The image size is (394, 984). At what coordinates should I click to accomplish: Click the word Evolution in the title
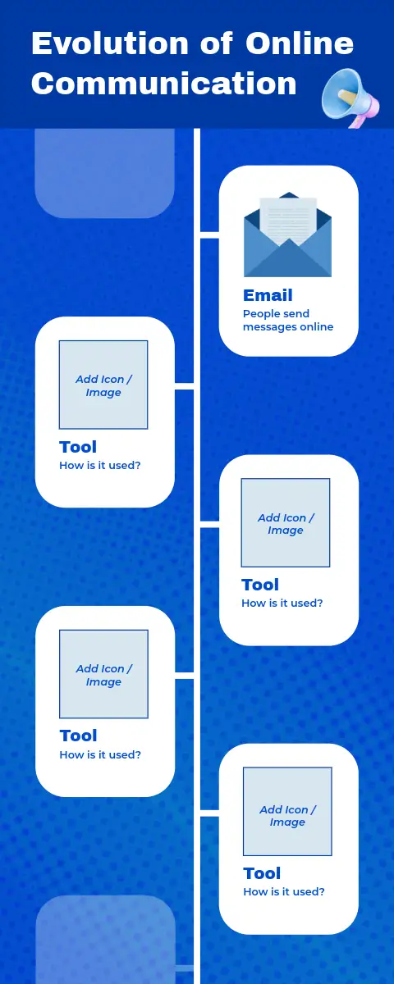[110, 43]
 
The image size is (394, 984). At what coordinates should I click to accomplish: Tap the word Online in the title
[300, 43]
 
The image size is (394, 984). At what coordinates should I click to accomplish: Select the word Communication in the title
[163, 84]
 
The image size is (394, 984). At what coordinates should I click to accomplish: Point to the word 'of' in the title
[217, 43]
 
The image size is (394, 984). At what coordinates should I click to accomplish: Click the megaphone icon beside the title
[350, 98]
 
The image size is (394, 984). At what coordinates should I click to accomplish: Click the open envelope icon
[287, 235]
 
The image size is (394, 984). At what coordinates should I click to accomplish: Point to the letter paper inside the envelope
[288, 221]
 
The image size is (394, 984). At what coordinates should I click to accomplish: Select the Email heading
[268, 295]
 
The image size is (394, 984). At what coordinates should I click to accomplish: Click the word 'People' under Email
[261, 314]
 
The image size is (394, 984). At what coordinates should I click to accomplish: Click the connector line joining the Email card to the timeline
[210, 238]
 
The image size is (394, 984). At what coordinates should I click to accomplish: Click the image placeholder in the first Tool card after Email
[103, 385]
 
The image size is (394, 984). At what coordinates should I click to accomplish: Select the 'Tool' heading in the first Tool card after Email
[78, 447]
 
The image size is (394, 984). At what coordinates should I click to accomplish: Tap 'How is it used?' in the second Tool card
[282, 604]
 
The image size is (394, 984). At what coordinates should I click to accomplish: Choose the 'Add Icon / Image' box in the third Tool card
[103, 674]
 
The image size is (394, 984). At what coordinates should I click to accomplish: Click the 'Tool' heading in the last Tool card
[262, 873]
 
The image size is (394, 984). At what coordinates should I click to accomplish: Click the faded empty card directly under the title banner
[105, 173]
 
